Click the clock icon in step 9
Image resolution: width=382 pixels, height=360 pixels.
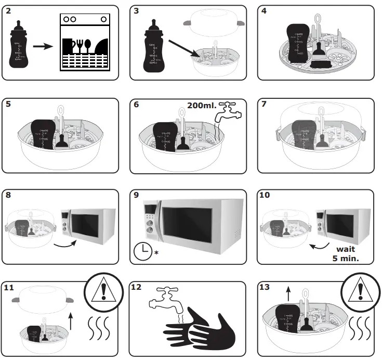(141, 251)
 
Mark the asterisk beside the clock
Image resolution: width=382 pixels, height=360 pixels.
(156, 253)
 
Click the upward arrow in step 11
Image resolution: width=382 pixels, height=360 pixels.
(71, 319)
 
